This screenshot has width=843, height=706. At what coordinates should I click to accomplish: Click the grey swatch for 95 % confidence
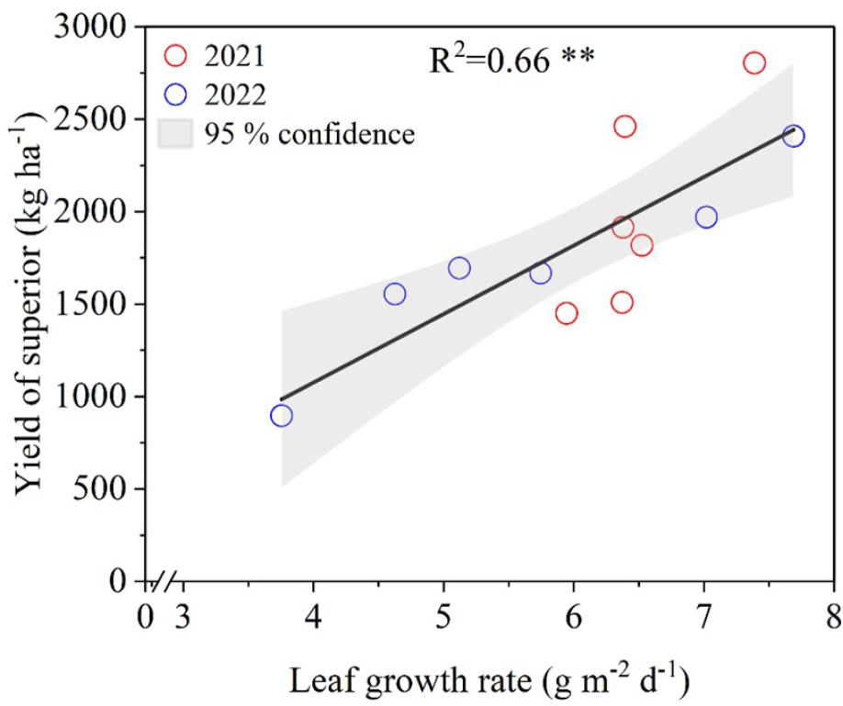174,133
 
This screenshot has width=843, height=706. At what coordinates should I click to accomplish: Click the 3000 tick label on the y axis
90,27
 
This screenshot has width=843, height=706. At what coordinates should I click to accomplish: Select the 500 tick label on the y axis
99,488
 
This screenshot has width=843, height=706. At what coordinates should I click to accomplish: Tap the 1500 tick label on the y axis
90,304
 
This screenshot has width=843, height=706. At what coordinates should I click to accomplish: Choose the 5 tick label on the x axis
444,617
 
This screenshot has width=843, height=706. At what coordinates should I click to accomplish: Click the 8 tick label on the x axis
834,617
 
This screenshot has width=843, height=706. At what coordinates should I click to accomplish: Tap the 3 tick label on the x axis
183,617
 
